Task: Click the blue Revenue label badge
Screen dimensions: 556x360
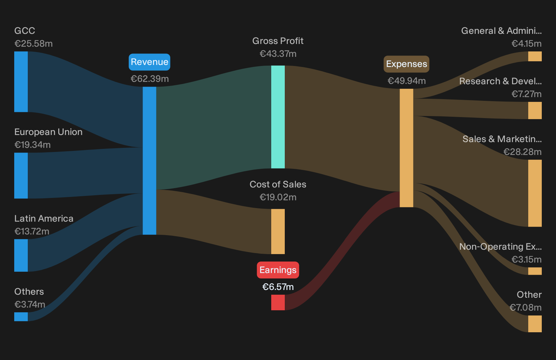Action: pos(149,62)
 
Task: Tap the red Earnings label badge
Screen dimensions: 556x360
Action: pos(278,270)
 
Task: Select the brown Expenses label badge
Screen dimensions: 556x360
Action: pos(406,64)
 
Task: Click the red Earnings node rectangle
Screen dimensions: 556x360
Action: pos(278,302)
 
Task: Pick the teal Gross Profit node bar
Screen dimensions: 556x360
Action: pos(278,117)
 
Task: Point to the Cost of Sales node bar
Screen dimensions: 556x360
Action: pos(278,231)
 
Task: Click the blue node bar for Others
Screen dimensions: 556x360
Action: pos(21,317)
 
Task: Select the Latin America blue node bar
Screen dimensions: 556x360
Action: pos(21,255)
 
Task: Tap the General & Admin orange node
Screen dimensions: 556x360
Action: pos(535,56)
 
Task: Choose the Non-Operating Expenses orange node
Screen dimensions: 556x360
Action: pos(535,271)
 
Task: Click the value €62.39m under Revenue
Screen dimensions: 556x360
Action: pos(150,79)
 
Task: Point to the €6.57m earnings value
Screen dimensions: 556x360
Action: pos(278,287)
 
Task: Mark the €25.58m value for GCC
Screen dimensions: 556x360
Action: pos(34,44)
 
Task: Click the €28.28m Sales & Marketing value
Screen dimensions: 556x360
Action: pos(522,152)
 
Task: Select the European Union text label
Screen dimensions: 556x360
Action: pos(48,132)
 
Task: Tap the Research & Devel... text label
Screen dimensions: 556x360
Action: pos(500,81)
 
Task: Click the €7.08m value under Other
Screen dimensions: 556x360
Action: pos(526,308)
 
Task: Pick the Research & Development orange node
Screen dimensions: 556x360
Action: pos(535,110)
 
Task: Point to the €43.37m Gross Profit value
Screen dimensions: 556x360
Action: pos(278,54)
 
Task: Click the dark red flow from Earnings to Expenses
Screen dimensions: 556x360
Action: pos(343,251)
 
